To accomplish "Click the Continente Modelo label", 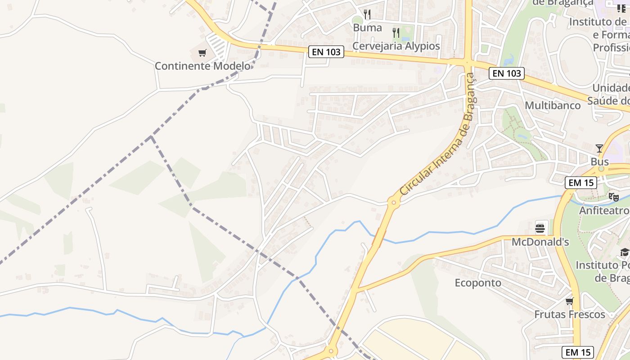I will tap(202, 66).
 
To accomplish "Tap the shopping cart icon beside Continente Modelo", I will tap(202, 53).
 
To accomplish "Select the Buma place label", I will tap(367, 28).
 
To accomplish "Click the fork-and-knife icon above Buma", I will tap(367, 14).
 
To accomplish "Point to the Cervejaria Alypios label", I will tap(396, 46).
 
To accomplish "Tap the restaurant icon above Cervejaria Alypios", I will tap(396, 32).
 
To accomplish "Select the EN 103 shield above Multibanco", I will tap(507, 73).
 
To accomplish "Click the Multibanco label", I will tap(553, 105).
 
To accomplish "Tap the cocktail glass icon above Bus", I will tap(599, 148).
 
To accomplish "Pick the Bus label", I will tap(600, 162).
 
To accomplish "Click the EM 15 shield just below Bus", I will tap(581, 183).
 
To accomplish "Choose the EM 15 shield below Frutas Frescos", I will tap(578, 352).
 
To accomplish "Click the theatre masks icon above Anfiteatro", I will tap(613, 197).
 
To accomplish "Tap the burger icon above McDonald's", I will tap(540, 228).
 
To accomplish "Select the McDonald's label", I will tap(540, 242).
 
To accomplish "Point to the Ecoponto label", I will tap(478, 283).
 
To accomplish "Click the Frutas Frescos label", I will tap(570, 315).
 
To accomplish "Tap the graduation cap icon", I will tap(625, 252).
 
